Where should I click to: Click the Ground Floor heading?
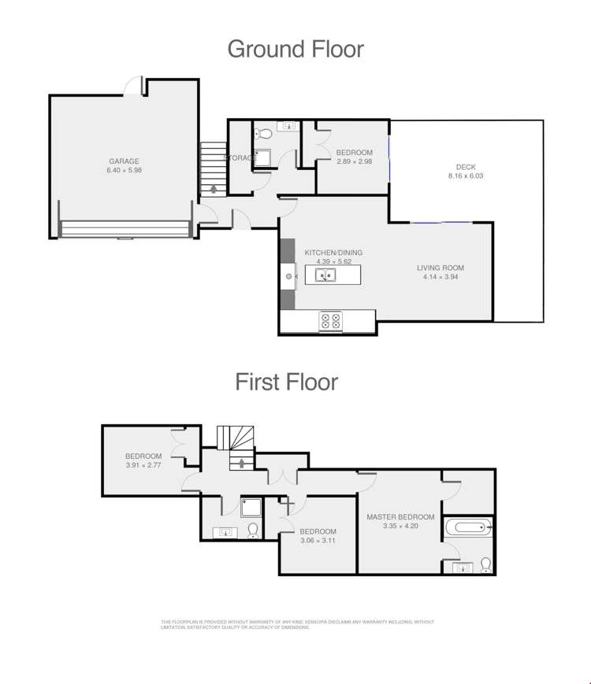pyautogui.click(x=295, y=49)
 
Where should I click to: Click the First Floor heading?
pyautogui.click(x=287, y=382)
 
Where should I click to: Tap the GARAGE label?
pyautogui.click(x=124, y=161)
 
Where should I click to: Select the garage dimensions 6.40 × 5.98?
pyautogui.click(x=124, y=170)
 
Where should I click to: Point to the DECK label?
pyautogui.click(x=466, y=167)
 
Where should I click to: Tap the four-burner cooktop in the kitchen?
pyautogui.click(x=329, y=320)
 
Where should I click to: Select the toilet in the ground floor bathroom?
pyautogui.click(x=265, y=133)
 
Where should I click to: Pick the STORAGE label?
pyautogui.click(x=240, y=158)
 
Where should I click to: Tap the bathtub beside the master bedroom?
pyautogui.click(x=467, y=527)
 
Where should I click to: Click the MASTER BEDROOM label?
pyautogui.click(x=400, y=517)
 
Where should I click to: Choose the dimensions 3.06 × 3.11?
pyautogui.click(x=318, y=540)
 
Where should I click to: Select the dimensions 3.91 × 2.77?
pyautogui.click(x=143, y=465)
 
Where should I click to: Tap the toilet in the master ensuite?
pyautogui.click(x=485, y=564)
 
